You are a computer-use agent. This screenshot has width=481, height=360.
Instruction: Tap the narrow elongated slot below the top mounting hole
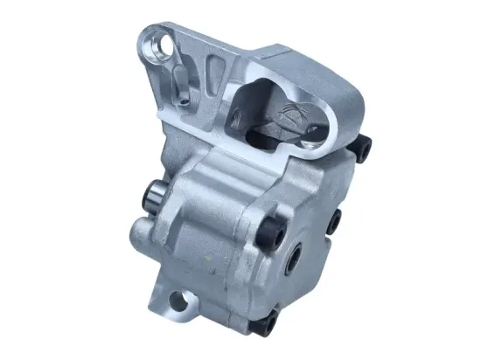tap(178, 85)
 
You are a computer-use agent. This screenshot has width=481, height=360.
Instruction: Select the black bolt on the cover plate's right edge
tap(333, 225)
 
